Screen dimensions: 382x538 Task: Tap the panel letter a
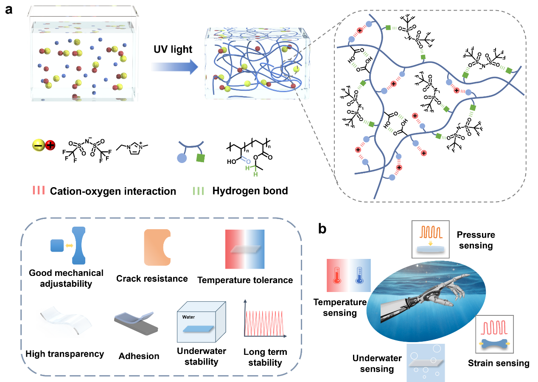pos(9,10)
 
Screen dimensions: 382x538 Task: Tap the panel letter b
pos(322,230)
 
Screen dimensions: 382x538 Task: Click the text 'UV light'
pos(173,49)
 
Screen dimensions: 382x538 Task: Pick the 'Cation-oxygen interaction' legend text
pos(113,191)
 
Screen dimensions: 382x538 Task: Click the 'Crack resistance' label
pos(152,279)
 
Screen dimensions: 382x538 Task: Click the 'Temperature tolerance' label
pos(245,280)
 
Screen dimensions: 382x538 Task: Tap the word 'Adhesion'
pos(138,356)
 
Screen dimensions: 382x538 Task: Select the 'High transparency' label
pos(65,354)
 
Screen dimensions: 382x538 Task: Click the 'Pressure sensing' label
pos(476,240)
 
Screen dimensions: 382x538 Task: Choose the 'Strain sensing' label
pos(499,363)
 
